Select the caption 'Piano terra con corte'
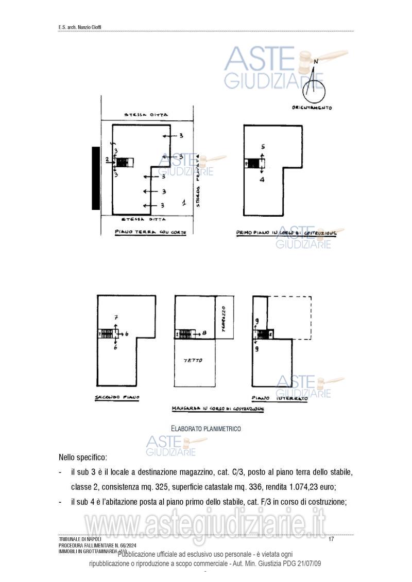(x=150, y=232)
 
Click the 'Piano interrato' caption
(x=280, y=398)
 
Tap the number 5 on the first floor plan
(x=262, y=147)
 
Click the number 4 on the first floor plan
(x=262, y=180)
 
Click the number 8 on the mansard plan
(x=204, y=333)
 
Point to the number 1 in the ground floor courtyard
(x=183, y=203)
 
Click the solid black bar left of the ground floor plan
(x=96, y=178)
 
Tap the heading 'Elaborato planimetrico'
(x=205, y=428)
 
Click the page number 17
(x=331, y=539)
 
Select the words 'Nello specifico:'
(x=82, y=457)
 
